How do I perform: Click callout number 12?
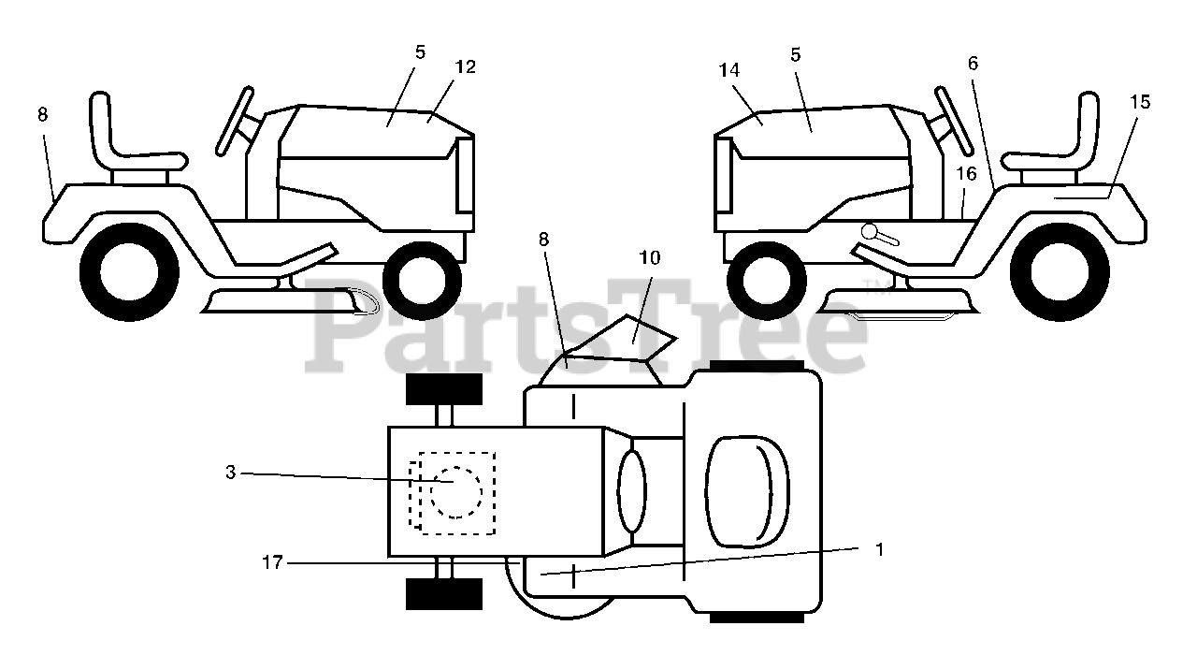465,67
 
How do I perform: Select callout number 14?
729,69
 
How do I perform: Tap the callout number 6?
973,64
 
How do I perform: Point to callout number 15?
1140,102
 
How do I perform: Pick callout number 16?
966,174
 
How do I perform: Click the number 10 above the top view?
650,257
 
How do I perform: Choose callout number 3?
231,473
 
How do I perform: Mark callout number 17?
272,562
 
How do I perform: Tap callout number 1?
879,549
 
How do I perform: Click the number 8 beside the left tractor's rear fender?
42,114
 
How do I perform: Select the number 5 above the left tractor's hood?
420,52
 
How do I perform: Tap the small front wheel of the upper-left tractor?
422,279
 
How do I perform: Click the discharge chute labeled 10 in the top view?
639,332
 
